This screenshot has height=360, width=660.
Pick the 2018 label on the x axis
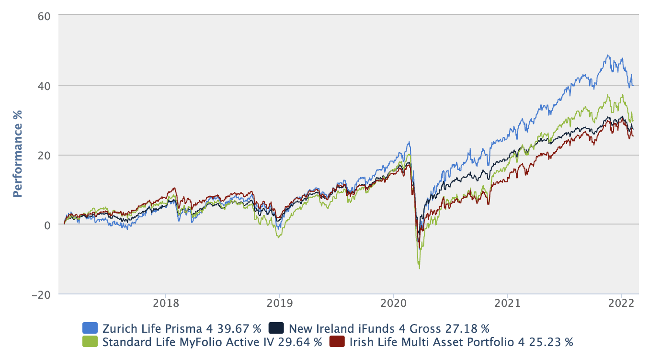coord(165,304)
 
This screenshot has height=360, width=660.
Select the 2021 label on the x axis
coord(507,304)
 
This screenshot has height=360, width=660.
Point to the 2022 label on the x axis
coord(621,304)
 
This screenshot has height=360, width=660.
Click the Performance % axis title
coord(18,154)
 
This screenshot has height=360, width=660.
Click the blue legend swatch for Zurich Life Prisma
coord(91,328)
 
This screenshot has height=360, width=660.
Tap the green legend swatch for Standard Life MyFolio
coord(91,342)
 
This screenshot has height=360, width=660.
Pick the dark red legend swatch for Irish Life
coord(337,342)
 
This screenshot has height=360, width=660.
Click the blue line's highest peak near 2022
coord(608,56)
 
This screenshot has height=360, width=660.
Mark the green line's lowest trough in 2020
coord(420,268)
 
